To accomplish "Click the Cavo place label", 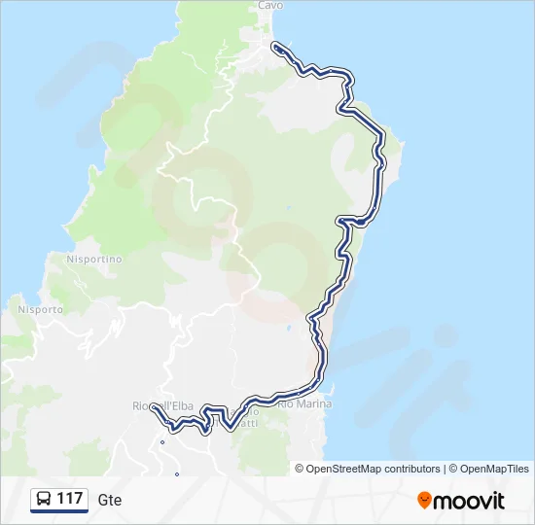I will coord(270,5).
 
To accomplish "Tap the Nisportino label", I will coord(93,260).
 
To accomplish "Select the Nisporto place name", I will coord(40,309).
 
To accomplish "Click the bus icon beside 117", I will coord(44,499).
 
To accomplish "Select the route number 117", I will coord(70,499).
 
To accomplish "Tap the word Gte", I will coord(110,500).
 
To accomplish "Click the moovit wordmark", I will coord(470,501).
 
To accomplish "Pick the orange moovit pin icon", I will coord(424,500).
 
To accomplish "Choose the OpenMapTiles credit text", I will coord(493,469).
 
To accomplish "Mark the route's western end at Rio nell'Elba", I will coord(154,409).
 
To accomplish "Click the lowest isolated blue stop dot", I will coord(176,474).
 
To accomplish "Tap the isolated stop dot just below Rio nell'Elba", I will coord(162,442).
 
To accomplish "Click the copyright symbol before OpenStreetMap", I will coord(300,469).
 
